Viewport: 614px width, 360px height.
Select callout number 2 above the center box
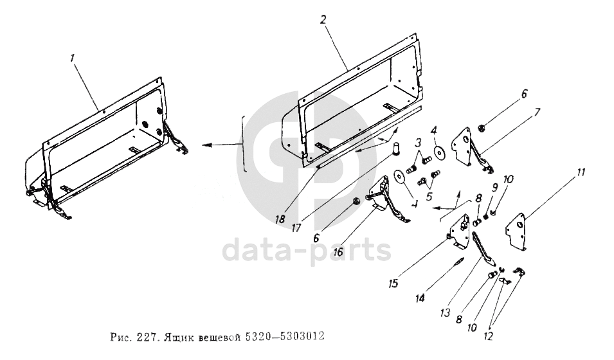[323, 20]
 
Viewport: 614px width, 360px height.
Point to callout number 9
[494, 189]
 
